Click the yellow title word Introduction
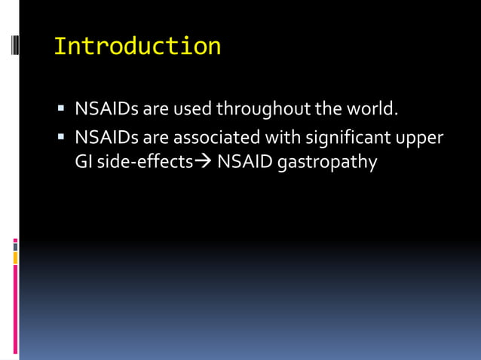(137, 46)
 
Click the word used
(192, 109)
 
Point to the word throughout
(263, 110)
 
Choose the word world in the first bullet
(369, 109)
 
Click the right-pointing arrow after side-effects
(204, 162)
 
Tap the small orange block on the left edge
(15, 258)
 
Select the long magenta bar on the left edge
(15, 308)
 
